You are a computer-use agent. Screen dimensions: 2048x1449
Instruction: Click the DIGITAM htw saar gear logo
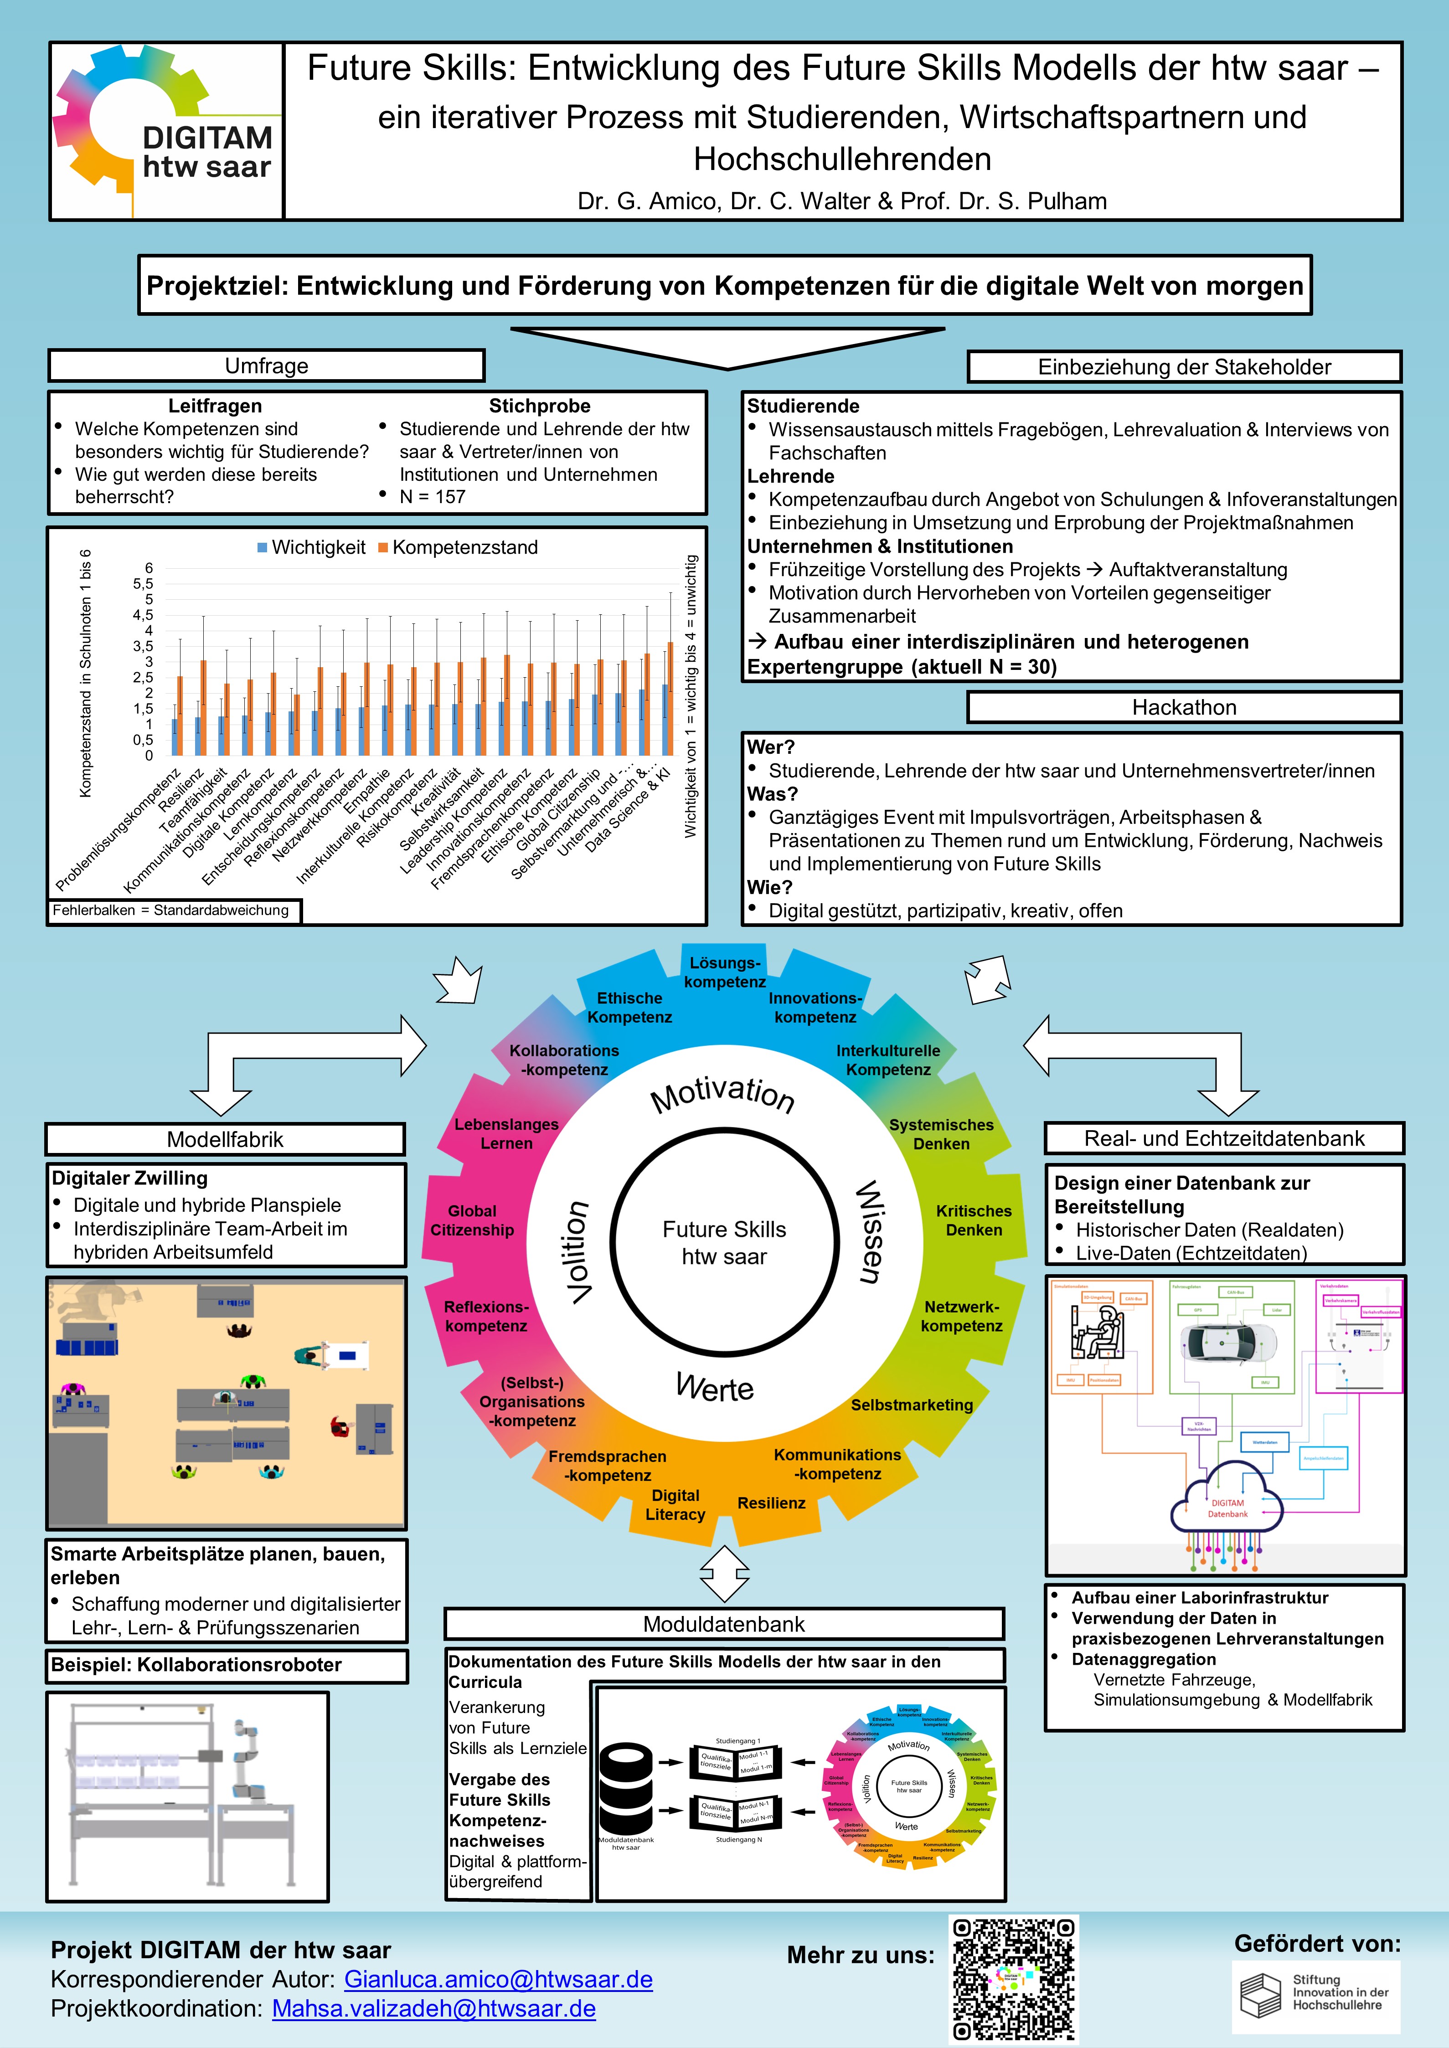click(165, 130)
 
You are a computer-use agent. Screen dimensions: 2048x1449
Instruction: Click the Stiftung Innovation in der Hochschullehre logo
click(1316, 1996)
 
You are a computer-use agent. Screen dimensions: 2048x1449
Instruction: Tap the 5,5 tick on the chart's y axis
click(143, 583)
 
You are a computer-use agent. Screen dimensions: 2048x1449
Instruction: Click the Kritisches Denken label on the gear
click(974, 1220)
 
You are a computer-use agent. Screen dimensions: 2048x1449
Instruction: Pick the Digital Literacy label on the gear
click(676, 1505)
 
